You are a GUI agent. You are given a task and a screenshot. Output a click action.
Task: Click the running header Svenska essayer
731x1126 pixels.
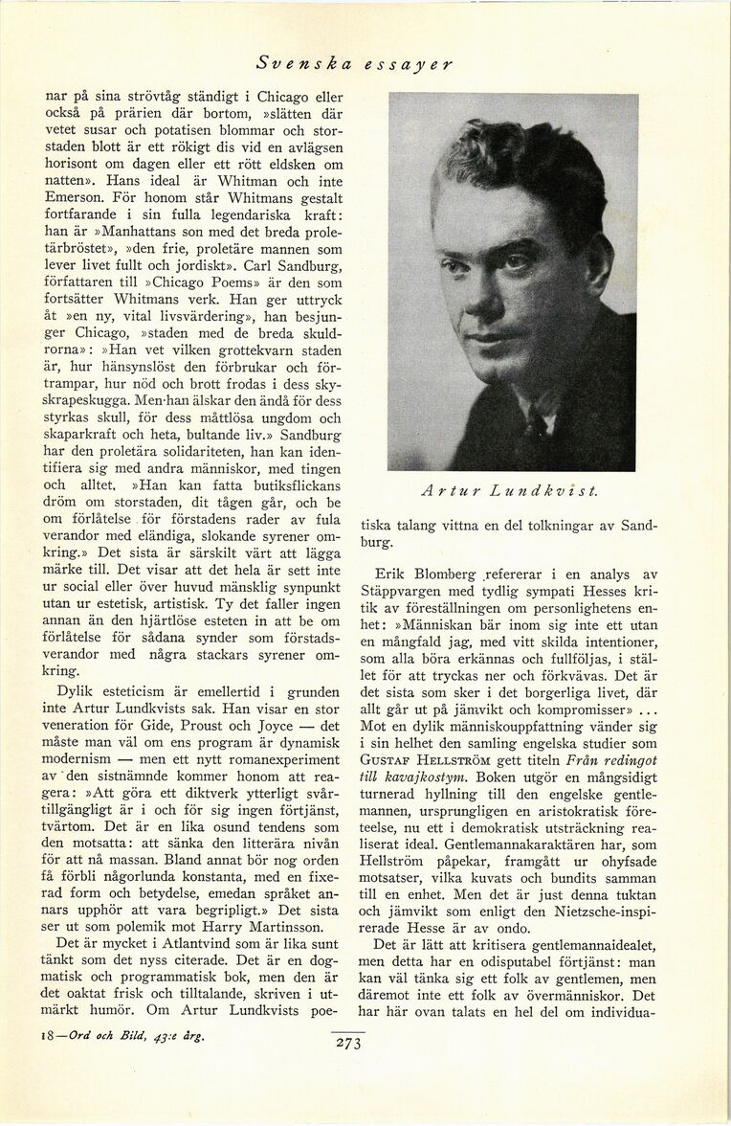tap(354, 64)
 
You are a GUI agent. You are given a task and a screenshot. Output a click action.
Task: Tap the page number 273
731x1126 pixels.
tap(347, 1044)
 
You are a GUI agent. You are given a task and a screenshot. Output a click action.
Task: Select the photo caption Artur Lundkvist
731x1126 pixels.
tap(509, 491)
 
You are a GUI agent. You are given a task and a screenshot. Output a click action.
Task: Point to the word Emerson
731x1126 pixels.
tap(78, 199)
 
